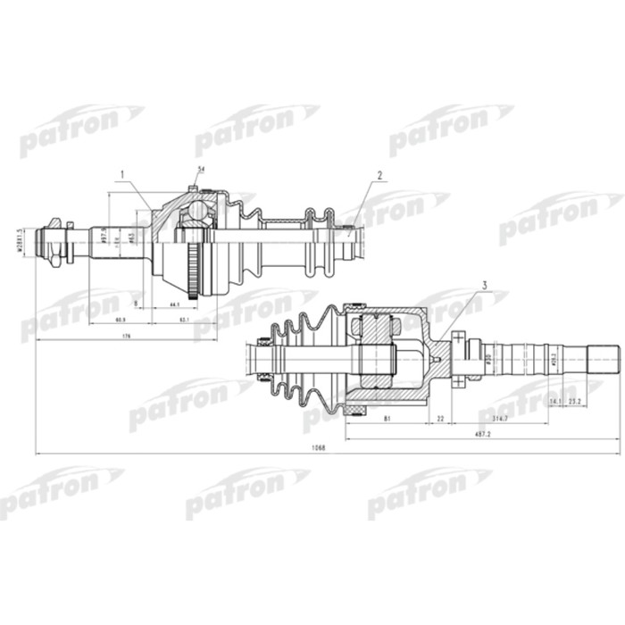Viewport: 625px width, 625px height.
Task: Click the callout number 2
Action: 379,176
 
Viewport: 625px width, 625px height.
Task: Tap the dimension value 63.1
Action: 185,319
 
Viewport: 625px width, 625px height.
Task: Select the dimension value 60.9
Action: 121,319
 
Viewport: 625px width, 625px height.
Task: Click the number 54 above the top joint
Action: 200,170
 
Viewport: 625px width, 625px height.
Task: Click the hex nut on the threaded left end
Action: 55,240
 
